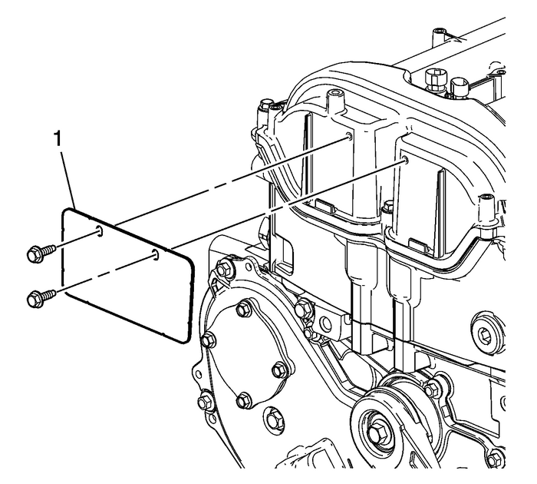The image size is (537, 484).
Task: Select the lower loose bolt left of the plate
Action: point(38,294)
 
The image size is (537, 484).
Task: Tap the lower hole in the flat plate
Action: point(156,254)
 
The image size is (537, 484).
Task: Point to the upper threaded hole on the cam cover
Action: point(348,136)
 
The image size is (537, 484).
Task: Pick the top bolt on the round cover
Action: point(244,310)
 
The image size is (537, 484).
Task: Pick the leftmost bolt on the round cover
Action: point(206,338)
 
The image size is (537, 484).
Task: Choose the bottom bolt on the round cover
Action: point(242,399)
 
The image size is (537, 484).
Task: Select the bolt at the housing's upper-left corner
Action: point(225,270)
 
